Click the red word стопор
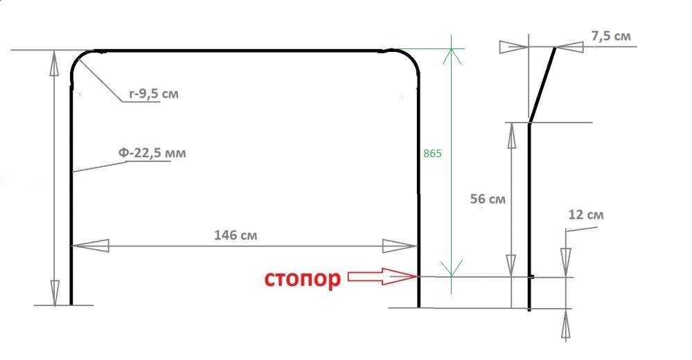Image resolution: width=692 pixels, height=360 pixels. click(x=302, y=279)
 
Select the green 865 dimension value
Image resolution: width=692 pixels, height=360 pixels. click(x=432, y=154)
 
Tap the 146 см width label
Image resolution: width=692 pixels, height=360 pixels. click(x=236, y=235)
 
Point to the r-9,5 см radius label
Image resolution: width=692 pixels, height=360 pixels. click(x=152, y=93)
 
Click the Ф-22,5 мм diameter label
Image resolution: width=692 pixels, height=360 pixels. click(x=152, y=152)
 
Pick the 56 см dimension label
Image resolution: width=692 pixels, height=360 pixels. click(x=488, y=199)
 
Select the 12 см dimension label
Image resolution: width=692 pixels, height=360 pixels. click(x=585, y=215)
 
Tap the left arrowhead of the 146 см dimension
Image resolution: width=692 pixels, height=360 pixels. click(x=90, y=245)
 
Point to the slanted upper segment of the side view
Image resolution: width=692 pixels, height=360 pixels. click(x=542, y=84)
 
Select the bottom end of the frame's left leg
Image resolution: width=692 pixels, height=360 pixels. click(x=71, y=303)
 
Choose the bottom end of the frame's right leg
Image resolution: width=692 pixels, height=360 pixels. click(x=418, y=305)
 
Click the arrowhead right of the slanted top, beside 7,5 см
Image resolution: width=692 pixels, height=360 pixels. click(x=573, y=46)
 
